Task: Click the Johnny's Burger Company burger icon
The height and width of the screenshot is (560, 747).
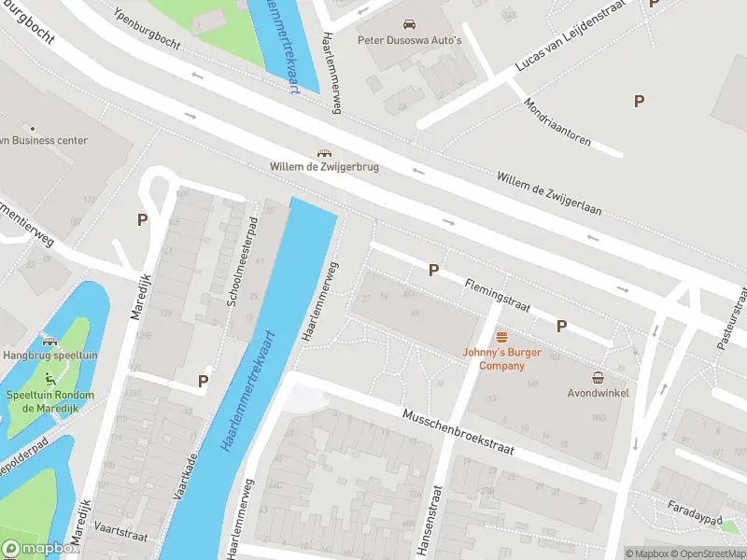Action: tap(502, 337)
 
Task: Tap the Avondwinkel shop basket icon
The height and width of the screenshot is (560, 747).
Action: tap(598, 377)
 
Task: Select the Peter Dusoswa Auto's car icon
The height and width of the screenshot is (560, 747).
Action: tap(409, 23)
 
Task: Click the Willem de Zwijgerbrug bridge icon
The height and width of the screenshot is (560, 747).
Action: tap(324, 153)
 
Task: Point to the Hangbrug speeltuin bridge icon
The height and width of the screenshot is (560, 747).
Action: tap(49, 343)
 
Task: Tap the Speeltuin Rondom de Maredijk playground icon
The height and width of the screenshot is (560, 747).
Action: tap(49, 378)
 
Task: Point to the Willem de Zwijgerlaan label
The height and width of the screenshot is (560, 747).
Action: tap(548, 193)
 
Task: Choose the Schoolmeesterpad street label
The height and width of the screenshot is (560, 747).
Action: tap(241, 265)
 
